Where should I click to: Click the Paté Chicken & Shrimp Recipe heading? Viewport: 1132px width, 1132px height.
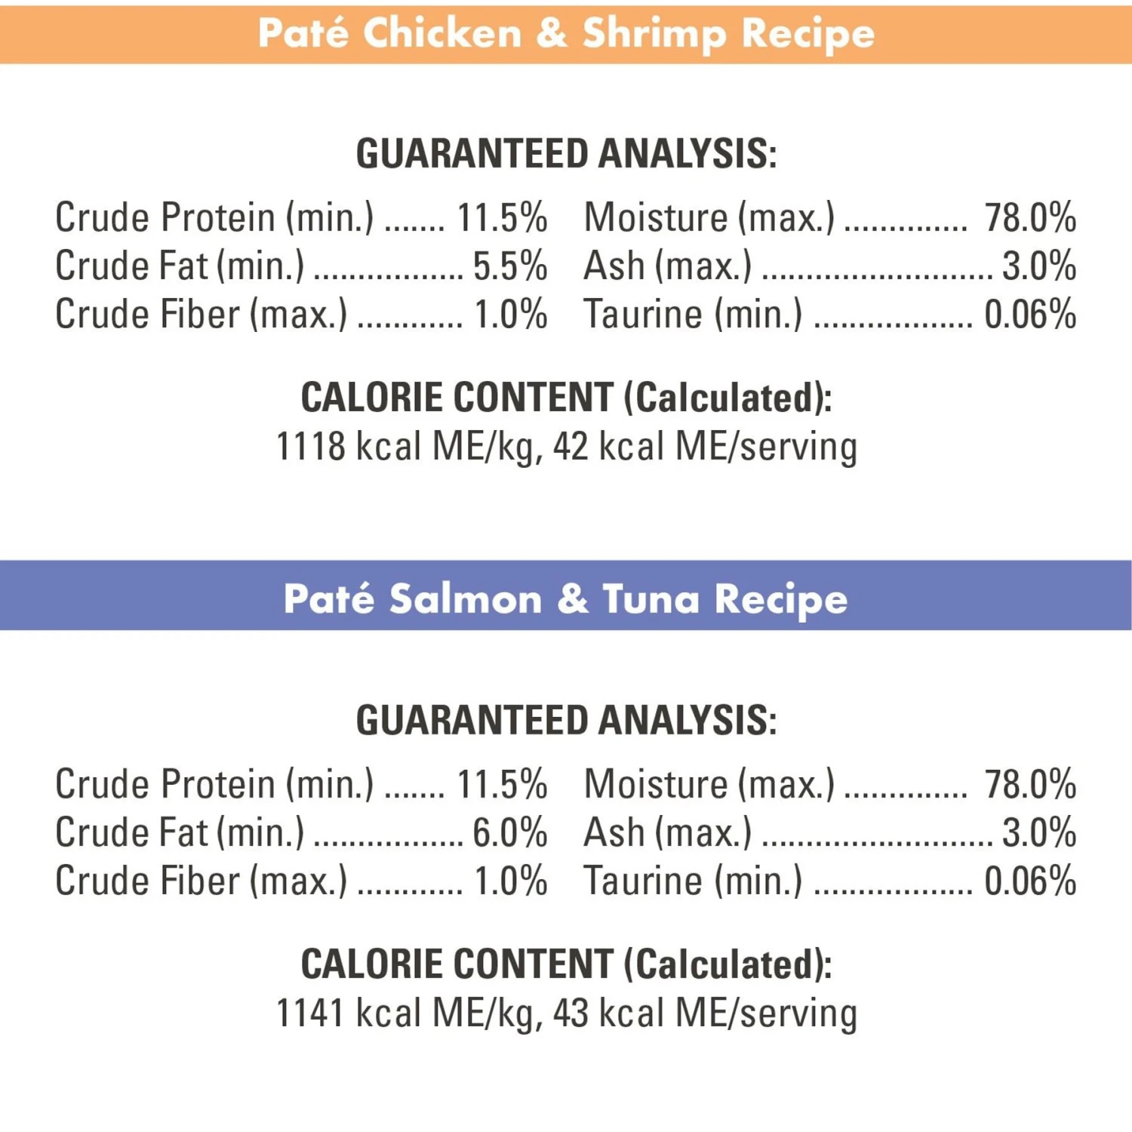[x=566, y=34]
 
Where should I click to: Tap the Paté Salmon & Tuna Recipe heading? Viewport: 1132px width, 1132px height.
[x=566, y=600]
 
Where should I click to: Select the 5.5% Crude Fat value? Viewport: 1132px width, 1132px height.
[x=509, y=266]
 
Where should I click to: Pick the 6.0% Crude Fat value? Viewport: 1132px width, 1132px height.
[x=509, y=833]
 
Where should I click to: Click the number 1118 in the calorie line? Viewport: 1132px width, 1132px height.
[x=310, y=446]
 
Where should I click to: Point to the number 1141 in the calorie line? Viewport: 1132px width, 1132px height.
[x=310, y=1013]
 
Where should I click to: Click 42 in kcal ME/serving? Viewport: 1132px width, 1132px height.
[x=571, y=446]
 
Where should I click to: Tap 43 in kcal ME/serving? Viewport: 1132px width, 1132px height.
[x=571, y=1013]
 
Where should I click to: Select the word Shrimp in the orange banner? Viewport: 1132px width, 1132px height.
[x=654, y=34]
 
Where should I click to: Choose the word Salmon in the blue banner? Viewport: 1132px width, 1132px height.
[x=466, y=600]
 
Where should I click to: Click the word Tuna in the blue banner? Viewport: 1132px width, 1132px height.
[x=651, y=600]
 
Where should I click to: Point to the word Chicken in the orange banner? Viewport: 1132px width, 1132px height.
[x=442, y=34]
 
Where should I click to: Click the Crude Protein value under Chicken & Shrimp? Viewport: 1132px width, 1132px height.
[x=502, y=218]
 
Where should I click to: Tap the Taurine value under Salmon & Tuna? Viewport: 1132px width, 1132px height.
[x=1030, y=881]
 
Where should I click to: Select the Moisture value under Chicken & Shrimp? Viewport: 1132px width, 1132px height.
[x=1030, y=218]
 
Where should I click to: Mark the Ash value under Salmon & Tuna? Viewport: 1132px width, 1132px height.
[x=1038, y=833]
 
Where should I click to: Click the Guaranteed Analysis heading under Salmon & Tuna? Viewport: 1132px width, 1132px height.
[x=566, y=721]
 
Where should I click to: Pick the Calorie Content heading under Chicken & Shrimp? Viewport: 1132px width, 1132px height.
[x=566, y=398]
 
